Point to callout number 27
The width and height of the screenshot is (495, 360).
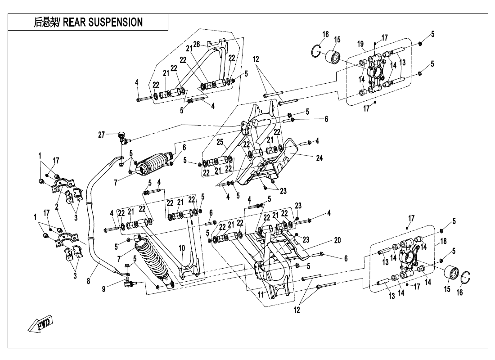[x=102, y=134]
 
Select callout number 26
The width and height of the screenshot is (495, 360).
[x=196, y=44]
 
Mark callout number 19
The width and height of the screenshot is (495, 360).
[x=360, y=44]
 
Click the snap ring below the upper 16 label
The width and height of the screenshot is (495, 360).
[x=318, y=52]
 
